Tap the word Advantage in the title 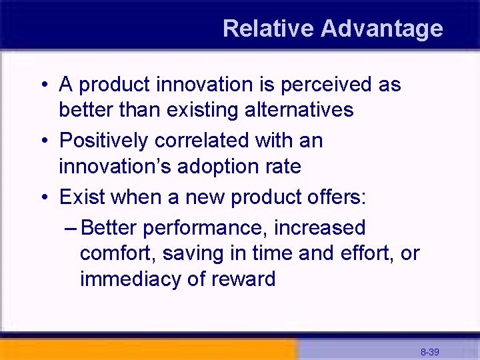(381, 29)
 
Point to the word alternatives (297, 109)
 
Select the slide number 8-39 (429, 351)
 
